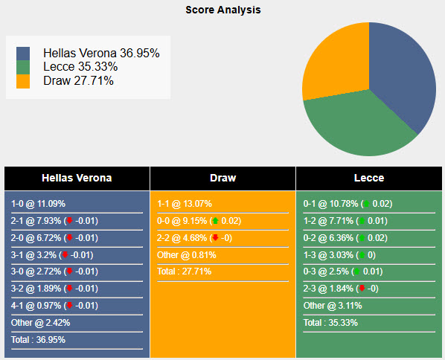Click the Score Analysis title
[222, 10]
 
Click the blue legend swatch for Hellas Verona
[23, 54]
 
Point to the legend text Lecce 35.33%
[80, 67]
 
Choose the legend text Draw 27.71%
[78, 80]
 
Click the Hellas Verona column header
[77, 178]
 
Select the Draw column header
[222, 178]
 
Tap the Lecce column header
[369, 178]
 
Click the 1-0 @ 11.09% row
[39, 203]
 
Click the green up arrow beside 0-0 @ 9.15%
[215, 221]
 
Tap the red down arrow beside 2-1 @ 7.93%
[69, 220]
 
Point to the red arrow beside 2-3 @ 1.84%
[361, 289]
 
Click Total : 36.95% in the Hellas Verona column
[38, 340]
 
